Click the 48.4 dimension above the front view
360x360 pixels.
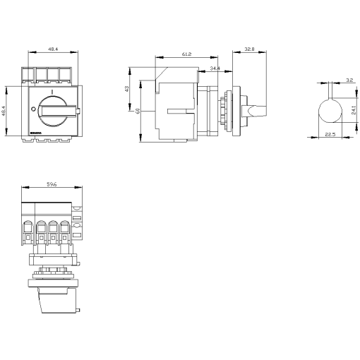53,50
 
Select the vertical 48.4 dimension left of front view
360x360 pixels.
4,111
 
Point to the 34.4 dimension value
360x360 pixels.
215,68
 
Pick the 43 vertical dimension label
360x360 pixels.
128,89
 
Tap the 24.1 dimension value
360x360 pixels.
354,112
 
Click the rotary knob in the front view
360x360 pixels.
52,109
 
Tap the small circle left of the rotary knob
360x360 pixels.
33,109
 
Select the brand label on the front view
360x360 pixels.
36,131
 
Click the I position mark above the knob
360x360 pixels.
52,93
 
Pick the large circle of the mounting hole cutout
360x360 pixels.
330,112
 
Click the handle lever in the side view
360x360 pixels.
256,110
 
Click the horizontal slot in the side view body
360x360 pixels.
179,110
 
